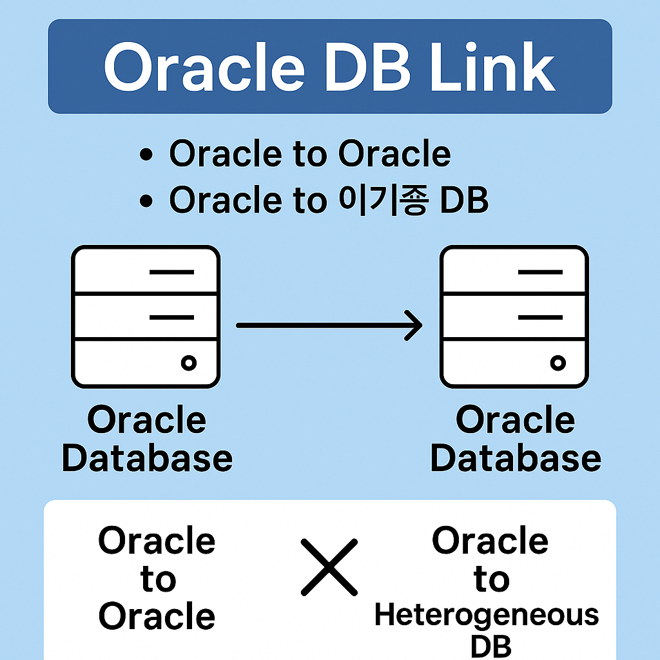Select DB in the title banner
(365, 66)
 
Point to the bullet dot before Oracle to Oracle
(146, 155)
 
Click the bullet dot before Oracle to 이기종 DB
(146, 202)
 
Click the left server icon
(146, 316)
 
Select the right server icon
(514, 316)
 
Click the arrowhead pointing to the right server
(412, 325)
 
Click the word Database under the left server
(147, 458)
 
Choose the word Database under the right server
(516, 458)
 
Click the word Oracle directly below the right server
(515, 420)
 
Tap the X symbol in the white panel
(329, 567)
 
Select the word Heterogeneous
(487, 615)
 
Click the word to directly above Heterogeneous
(491, 579)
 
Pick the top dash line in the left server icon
(171, 272)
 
